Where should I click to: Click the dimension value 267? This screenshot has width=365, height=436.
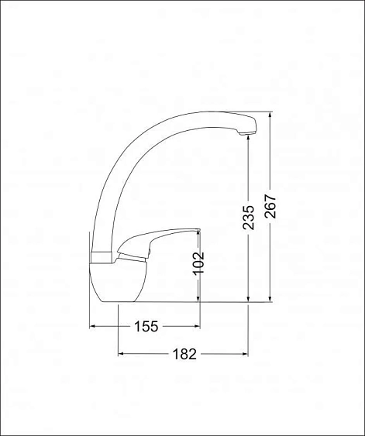[270, 206]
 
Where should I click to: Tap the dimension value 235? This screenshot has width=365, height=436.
[249, 218]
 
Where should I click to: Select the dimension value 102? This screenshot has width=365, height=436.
[198, 263]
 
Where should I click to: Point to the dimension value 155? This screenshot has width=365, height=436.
[146, 326]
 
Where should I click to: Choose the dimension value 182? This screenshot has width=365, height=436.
[184, 354]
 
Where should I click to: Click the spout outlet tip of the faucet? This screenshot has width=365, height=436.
[246, 134]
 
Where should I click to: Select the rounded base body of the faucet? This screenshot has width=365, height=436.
[119, 282]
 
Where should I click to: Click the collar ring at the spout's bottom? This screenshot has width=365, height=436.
[102, 258]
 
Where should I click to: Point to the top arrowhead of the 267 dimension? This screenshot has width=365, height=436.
[270, 115]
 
